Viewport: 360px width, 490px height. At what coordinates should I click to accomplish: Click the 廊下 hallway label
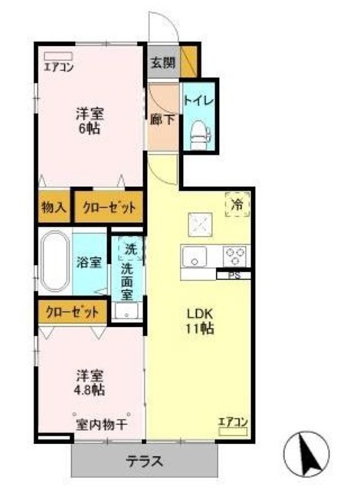(161, 120)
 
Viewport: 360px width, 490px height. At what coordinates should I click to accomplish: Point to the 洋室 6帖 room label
(90, 120)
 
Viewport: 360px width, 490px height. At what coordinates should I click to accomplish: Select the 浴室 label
(89, 262)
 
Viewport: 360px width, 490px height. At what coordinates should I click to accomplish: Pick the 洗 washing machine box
(129, 249)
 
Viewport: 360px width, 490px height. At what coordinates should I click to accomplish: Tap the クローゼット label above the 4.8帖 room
(73, 312)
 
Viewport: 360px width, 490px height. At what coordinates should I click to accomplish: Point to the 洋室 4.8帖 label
(90, 382)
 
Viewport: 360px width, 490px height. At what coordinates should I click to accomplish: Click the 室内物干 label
(101, 424)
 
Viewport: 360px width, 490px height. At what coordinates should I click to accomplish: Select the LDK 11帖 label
(197, 321)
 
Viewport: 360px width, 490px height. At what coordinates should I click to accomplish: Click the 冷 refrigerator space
(237, 205)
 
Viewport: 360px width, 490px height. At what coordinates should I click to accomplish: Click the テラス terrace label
(144, 462)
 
